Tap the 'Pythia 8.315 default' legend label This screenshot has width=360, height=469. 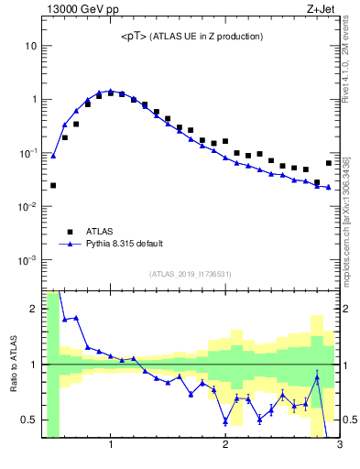coord(125,244)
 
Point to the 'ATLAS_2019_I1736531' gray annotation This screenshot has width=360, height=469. coord(191,274)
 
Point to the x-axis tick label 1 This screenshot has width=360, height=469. coord(111,446)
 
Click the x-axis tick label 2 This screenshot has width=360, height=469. coord(225,446)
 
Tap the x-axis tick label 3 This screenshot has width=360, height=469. coord(339,446)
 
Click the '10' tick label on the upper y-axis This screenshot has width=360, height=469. coord(30,46)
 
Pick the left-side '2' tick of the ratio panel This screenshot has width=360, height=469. coord(34,309)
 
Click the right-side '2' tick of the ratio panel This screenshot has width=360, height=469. coord(347,309)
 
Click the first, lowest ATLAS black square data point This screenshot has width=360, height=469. coord(53,185)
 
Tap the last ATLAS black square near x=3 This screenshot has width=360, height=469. coord(329,163)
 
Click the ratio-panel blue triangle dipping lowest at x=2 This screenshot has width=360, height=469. coord(225,421)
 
